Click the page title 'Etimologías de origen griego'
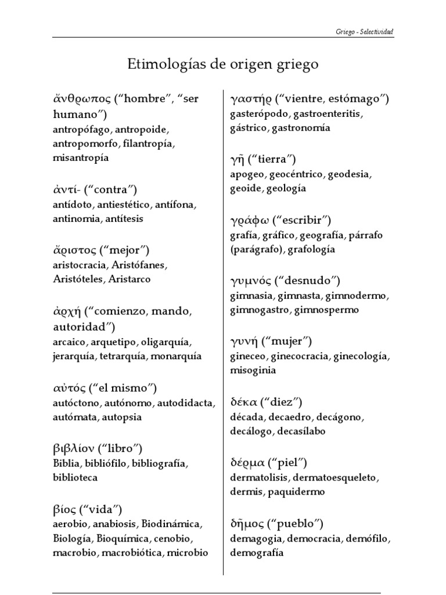pos(223,64)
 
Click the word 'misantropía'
pos(80,157)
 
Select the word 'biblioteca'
pos(74,478)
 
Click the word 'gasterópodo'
pos(256,113)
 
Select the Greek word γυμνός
pos(253,281)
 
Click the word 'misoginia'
pos(253,370)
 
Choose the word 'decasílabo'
pos(301,431)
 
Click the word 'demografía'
pos(257,553)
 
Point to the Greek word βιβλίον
pos(73,449)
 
